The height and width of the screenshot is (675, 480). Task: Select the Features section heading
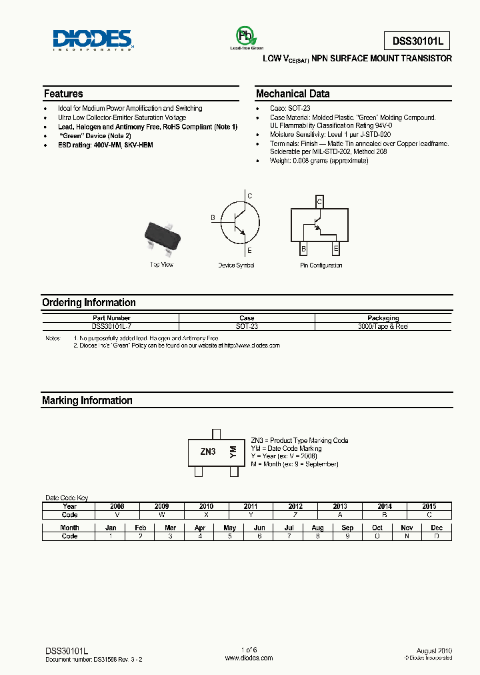point(63,94)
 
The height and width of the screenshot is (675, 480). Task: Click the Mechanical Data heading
point(293,94)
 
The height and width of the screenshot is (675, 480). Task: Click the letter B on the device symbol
point(213,218)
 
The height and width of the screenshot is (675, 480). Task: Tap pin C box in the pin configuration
point(319,201)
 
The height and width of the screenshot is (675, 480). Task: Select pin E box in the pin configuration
point(336,249)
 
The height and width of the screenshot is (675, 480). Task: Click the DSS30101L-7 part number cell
point(111,327)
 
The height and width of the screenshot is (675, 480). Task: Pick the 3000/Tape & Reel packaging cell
point(383,327)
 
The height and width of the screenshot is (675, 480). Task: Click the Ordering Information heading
point(89,303)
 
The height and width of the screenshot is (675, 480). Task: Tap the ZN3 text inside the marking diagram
point(208,452)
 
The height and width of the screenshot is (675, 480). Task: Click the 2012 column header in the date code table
point(295,506)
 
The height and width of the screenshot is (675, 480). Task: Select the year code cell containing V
point(117,515)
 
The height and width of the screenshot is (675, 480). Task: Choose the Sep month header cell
point(347,528)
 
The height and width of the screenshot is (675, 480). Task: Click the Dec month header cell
point(437,528)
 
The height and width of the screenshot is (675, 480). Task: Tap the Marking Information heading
point(87,401)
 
